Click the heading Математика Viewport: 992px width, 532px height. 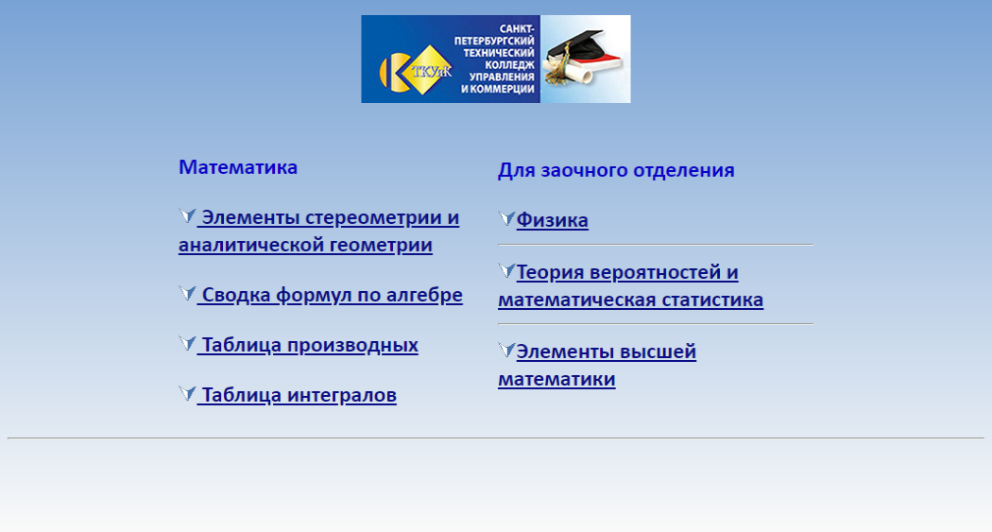click(238, 167)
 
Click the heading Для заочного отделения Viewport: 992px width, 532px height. click(616, 170)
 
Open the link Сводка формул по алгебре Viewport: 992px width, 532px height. click(330, 295)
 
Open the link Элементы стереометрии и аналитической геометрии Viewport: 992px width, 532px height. click(319, 231)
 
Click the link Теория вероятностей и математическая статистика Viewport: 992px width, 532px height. click(631, 285)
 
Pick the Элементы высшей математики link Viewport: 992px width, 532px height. click(597, 365)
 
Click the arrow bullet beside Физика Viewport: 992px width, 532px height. click(506, 218)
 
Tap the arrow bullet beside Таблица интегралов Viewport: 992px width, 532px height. click(187, 393)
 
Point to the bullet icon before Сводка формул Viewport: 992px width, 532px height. click(187, 293)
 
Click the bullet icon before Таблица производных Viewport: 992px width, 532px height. click(187, 343)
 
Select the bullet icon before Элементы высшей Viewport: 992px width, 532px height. click(506, 350)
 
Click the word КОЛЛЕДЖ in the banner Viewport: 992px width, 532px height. click(510, 64)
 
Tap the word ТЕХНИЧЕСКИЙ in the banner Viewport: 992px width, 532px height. click(499, 53)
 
